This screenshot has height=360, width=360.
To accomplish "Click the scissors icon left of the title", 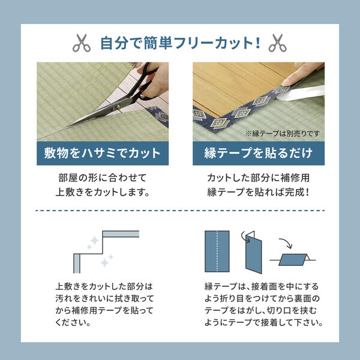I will pyautogui.click(x=80, y=43).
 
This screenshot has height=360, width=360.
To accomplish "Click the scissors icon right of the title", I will pyautogui.click(x=277, y=43).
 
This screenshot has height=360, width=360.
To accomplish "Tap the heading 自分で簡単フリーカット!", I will pyautogui.click(x=179, y=43).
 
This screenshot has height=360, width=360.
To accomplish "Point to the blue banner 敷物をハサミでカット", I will pyautogui.click(x=103, y=153).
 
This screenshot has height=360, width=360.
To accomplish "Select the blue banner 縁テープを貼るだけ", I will pyautogui.click(x=259, y=153).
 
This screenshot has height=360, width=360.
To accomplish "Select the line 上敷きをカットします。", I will pyautogui.click(x=102, y=193).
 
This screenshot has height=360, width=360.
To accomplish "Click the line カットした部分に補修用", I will pyautogui.click(x=258, y=178).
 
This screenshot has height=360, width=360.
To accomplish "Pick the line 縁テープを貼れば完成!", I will pyautogui.click(x=258, y=193).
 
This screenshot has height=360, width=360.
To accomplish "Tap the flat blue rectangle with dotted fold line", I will pyautogui.click(x=216, y=251).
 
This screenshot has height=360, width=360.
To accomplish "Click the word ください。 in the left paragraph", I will pyautogui.click(x=72, y=322).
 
